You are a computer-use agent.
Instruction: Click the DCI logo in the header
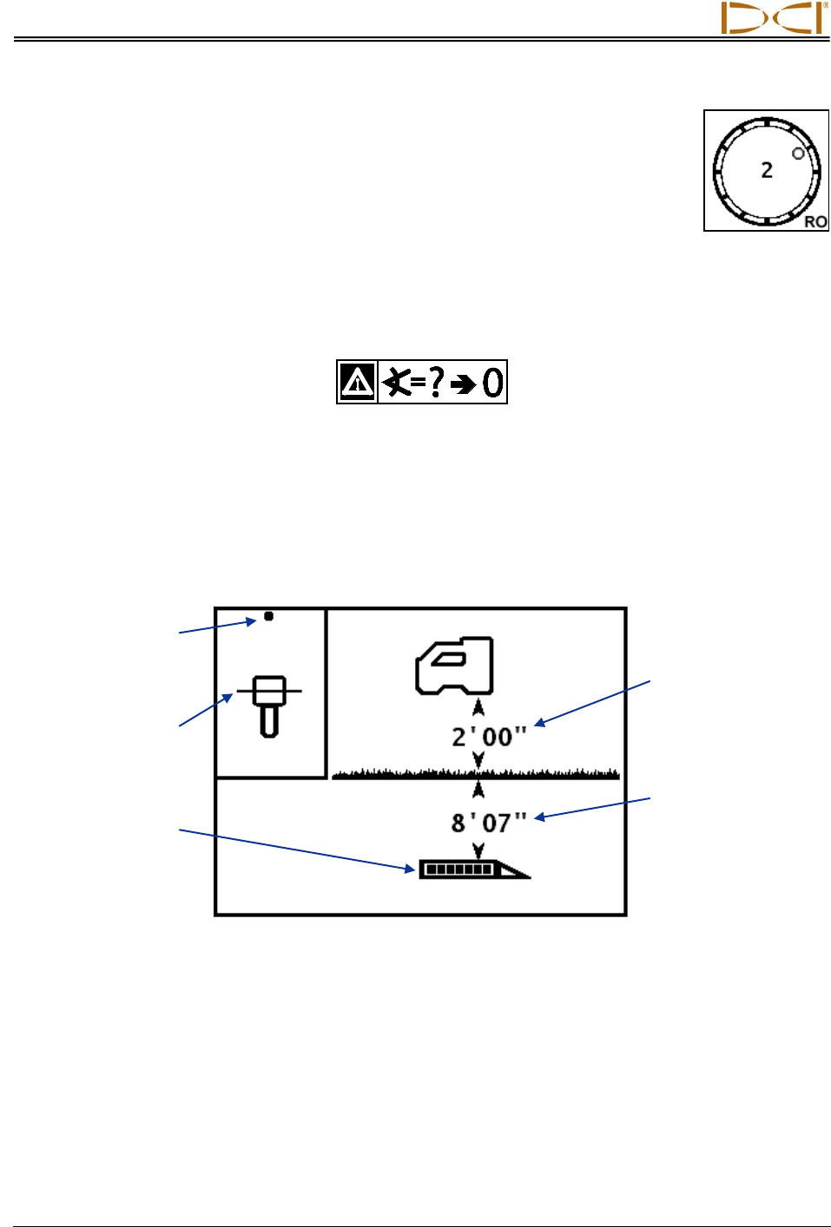(x=773, y=18)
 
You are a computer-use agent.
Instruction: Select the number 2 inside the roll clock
(x=767, y=170)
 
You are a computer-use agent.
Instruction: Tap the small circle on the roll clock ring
(x=798, y=154)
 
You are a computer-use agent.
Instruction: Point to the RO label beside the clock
(x=815, y=221)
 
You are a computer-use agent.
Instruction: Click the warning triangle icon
(x=358, y=382)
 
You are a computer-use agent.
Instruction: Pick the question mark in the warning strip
(x=437, y=381)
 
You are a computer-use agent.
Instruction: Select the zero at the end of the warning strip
(x=493, y=382)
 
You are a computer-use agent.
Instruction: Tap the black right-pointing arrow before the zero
(x=465, y=384)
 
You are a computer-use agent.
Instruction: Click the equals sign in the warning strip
(x=419, y=382)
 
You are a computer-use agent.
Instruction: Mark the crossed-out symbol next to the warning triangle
(x=396, y=382)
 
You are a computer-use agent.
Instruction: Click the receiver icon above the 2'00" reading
(x=455, y=666)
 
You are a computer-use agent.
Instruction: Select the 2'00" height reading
(x=489, y=737)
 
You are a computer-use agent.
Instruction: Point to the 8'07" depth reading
(x=489, y=822)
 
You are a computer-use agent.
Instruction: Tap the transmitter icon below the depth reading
(x=474, y=869)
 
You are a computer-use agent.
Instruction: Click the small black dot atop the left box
(x=268, y=616)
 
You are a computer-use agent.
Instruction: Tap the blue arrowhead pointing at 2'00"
(x=539, y=722)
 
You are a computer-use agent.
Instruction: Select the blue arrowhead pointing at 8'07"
(x=539, y=817)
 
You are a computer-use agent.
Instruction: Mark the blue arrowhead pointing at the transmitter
(x=412, y=868)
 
